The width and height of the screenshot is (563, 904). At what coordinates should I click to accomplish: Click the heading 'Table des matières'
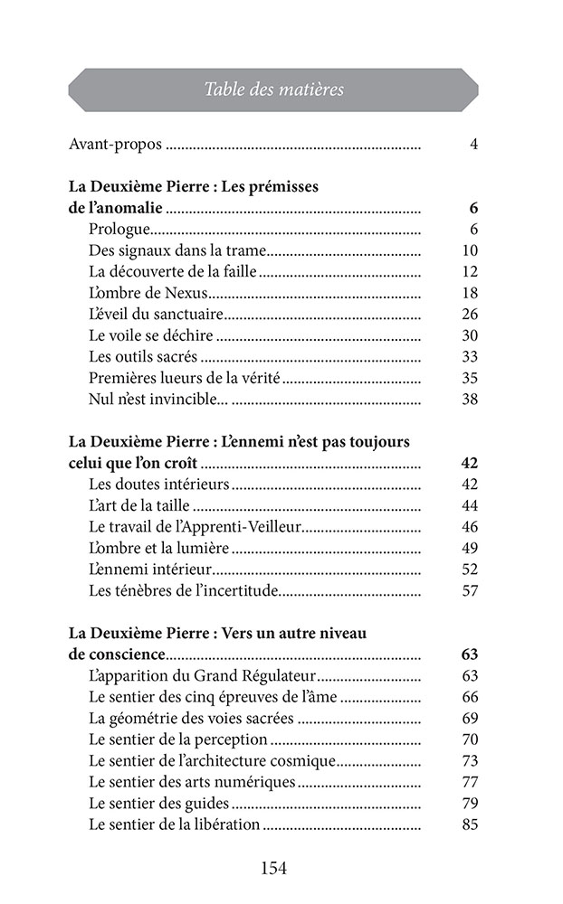click(273, 89)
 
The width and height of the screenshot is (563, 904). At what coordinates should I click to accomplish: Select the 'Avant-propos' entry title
click(115, 144)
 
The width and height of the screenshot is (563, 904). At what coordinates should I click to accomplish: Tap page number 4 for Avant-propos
click(473, 144)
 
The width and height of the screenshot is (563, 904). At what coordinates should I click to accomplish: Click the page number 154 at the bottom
click(273, 869)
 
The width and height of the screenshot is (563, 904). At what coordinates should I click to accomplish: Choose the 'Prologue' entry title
click(119, 229)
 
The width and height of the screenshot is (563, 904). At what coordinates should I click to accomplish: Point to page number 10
click(469, 250)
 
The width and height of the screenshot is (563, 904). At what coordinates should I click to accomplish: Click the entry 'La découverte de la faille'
click(173, 271)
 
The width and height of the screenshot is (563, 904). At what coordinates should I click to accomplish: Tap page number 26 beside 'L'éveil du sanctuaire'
click(469, 314)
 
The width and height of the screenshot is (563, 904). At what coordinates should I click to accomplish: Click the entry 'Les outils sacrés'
click(143, 356)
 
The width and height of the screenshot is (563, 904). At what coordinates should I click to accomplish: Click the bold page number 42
click(469, 463)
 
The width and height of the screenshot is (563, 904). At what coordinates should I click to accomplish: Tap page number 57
click(469, 591)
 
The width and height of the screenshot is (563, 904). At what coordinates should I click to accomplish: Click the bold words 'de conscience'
click(117, 654)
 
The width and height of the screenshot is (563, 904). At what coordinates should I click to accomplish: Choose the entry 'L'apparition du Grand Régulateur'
click(202, 676)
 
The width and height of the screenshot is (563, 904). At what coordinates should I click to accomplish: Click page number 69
click(469, 719)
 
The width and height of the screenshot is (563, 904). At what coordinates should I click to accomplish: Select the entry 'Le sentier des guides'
click(158, 804)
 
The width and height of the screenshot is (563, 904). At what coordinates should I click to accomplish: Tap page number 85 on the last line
click(469, 824)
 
